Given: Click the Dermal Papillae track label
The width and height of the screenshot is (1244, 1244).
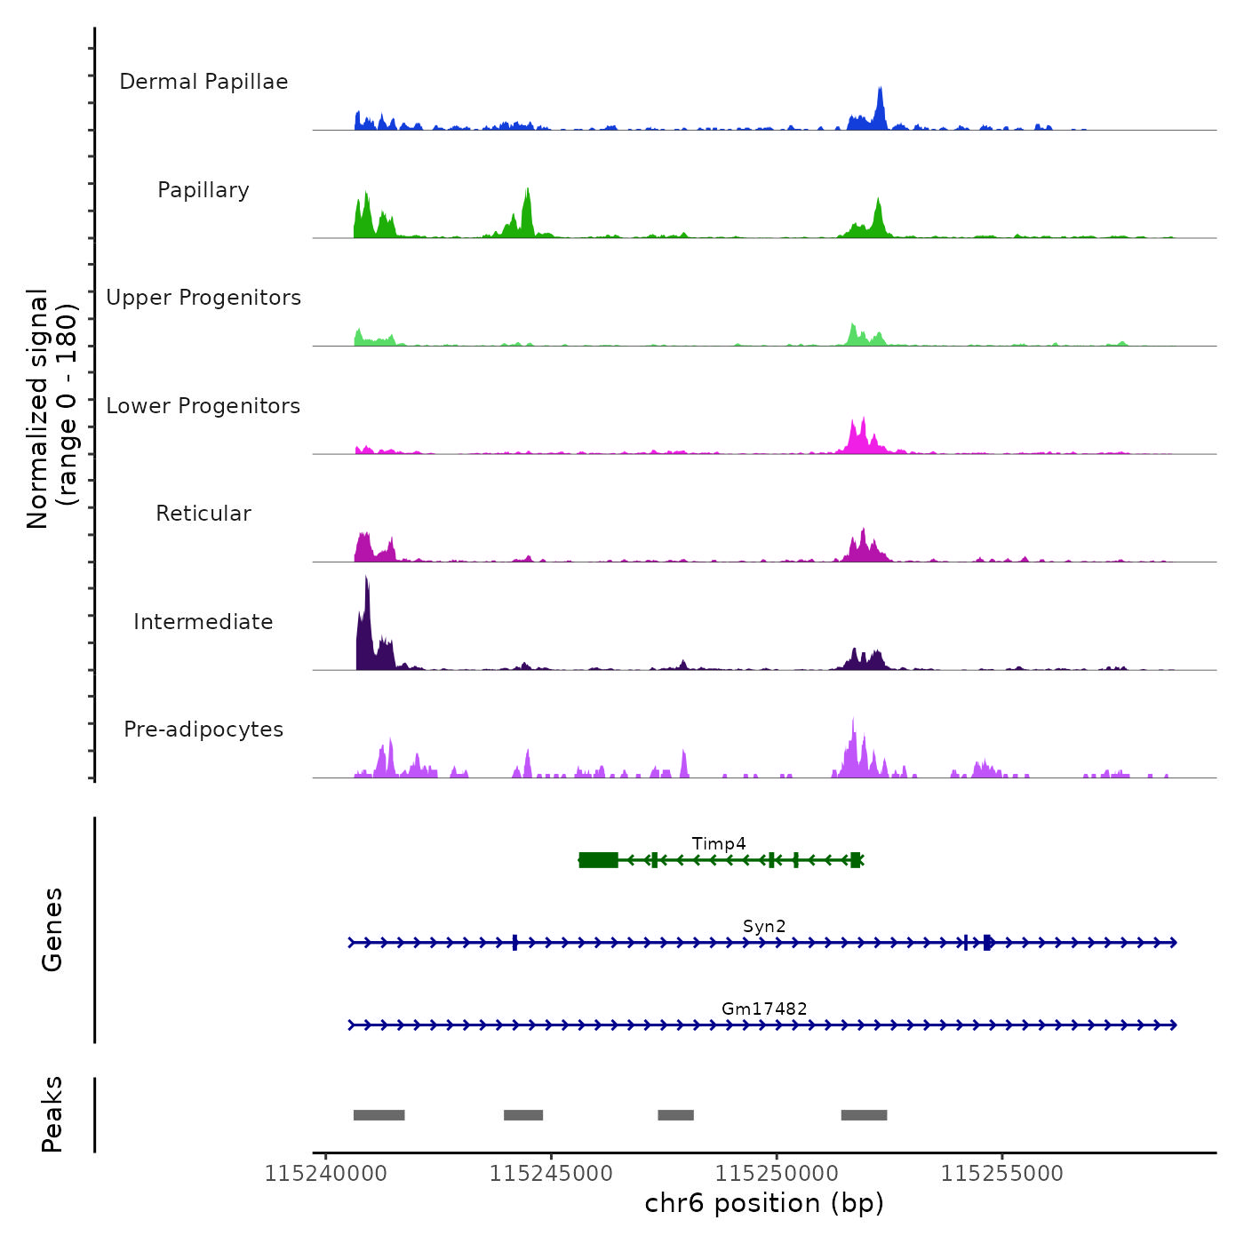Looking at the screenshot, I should (x=203, y=82).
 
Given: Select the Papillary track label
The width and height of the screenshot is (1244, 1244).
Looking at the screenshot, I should (x=203, y=190).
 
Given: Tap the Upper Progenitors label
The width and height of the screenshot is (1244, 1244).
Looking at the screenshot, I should (x=203, y=298).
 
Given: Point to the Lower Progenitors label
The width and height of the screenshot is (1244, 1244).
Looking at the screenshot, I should (x=203, y=406).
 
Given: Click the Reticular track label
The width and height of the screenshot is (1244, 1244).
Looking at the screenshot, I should (x=203, y=514).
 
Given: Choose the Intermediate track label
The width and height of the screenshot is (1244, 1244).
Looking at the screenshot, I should (x=203, y=622).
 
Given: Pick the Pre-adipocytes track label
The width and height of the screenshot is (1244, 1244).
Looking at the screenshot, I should (x=203, y=730).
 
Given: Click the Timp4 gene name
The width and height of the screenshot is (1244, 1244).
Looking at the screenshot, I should (x=719, y=843).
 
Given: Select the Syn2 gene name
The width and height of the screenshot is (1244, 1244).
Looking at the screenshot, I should (x=764, y=926).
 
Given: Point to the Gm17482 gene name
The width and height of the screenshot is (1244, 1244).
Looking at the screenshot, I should (x=764, y=1009).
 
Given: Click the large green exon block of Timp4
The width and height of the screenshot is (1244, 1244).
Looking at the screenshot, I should (x=599, y=859).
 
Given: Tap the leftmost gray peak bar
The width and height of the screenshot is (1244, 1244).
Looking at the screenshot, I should (x=379, y=1115).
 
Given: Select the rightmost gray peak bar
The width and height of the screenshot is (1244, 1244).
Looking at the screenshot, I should (x=864, y=1115).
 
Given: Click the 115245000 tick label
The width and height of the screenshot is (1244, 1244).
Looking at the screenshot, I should (x=551, y=1174).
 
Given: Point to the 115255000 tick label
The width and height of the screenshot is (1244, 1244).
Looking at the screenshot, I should (x=1002, y=1174).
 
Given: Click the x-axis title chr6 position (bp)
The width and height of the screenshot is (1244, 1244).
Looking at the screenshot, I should (x=764, y=1203).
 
